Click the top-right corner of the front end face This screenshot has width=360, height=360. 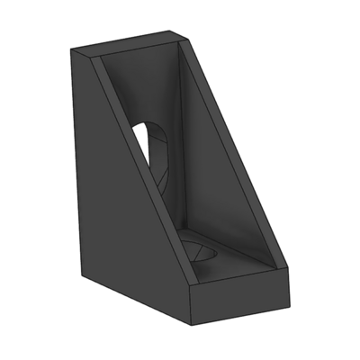coord(287,269)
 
